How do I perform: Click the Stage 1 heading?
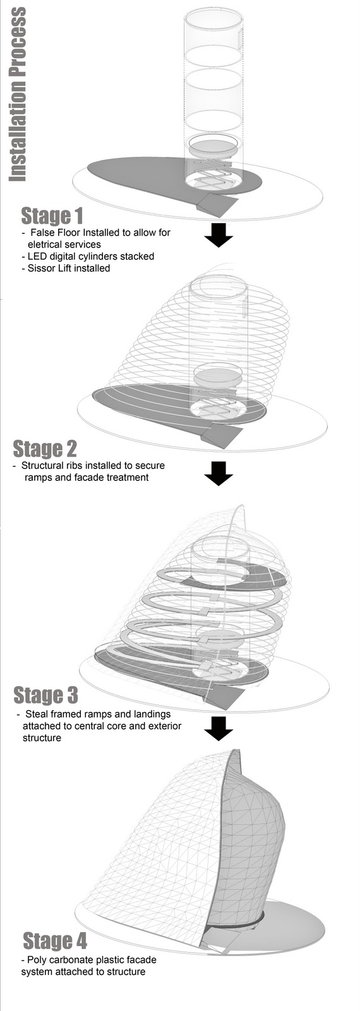coord(52,215)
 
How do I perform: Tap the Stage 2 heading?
coord(45,449)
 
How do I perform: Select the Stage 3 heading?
coord(45,695)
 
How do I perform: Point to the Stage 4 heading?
coord(54,941)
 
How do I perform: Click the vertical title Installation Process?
coord(16,94)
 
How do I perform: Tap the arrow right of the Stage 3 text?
coord(219,727)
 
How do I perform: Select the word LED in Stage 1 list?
coord(37,257)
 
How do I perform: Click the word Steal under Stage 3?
coord(37,715)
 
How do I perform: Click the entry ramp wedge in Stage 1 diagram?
coord(217,204)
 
